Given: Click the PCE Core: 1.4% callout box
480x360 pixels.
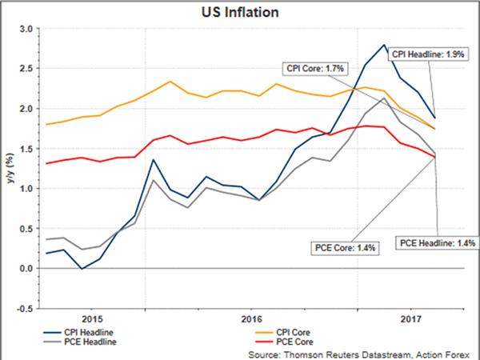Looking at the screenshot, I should coord(345,246).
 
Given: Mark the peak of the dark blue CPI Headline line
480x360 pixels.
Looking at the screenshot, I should coord(384,45).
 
